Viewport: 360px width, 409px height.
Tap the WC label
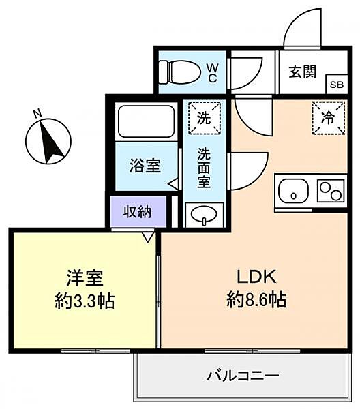click(213, 73)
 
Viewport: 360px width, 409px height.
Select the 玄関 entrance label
click(302, 72)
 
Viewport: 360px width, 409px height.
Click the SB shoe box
click(337, 85)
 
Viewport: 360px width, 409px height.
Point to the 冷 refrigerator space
click(329, 118)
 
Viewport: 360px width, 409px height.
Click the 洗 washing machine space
click(205, 118)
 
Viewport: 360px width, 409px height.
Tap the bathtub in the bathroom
click(147, 121)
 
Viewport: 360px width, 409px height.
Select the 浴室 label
click(145, 166)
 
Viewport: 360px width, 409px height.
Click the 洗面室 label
click(204, 168)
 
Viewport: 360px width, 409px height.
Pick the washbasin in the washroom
click(204, 215)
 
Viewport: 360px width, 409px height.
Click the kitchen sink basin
click(293, 191)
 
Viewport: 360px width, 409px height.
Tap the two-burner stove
click(331, 191)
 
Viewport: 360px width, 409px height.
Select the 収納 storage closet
click(138, 212)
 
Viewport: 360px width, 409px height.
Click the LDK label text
click(256, 277)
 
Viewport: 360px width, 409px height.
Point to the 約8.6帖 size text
click(256, 300)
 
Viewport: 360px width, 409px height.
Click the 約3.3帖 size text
click(85, 301)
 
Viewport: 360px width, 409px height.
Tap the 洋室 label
click(85, 278)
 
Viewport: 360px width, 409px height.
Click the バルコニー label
click(243, 376)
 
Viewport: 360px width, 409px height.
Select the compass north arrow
click(52, 142)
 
